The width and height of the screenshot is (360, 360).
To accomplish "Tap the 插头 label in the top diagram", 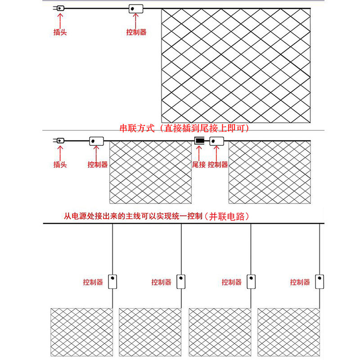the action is (60, 32).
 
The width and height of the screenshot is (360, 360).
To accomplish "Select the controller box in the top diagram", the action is (136, 9).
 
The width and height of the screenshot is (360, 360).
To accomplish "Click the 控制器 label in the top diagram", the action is (136, 32).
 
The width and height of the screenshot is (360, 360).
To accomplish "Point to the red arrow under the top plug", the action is (60, 20).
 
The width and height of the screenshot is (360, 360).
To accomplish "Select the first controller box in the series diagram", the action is (96, 141).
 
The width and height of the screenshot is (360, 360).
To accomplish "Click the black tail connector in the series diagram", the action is (199, 141).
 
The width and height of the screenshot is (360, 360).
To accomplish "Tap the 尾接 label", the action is (199, 165).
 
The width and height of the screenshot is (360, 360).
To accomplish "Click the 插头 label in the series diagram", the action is (60, 165).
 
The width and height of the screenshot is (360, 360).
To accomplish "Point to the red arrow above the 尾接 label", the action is (199, 153).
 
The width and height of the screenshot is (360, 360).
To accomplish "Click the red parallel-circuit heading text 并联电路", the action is (230, 216).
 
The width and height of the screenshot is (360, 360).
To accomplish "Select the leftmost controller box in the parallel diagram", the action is (112, 281).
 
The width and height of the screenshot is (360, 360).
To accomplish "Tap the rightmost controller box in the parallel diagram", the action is (319, 281).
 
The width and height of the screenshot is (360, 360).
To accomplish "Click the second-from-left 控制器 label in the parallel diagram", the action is (162, 282).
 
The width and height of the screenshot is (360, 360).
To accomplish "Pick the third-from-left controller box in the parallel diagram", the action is (251, 281).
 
